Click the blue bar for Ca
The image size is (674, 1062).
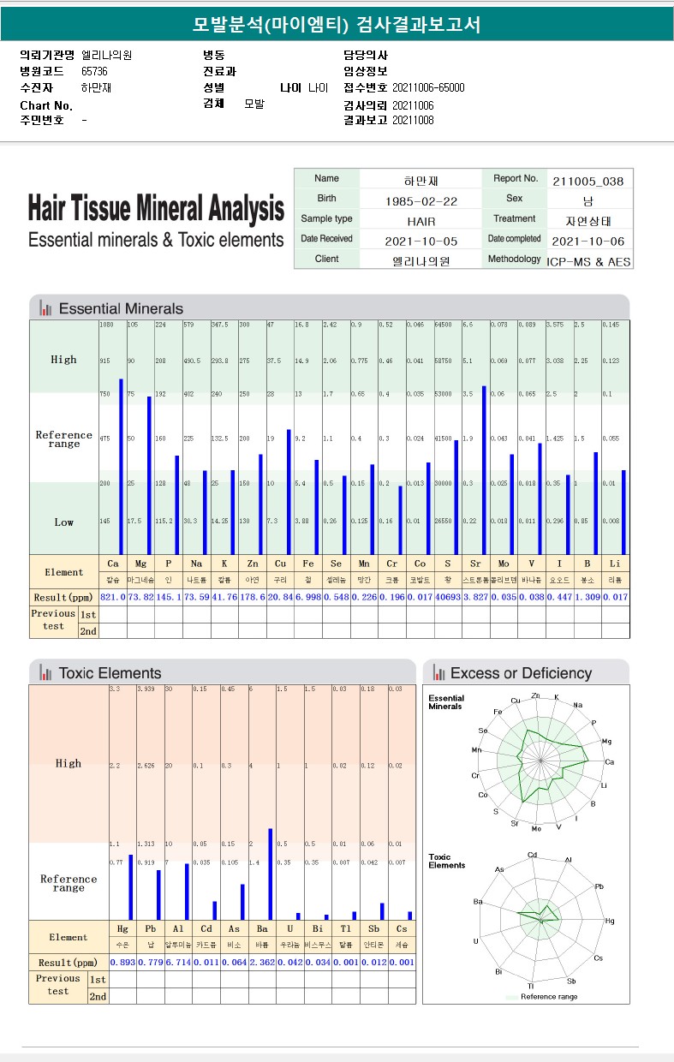[122, 467]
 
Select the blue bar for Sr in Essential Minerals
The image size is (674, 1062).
[485, 470]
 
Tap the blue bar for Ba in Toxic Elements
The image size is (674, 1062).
[271, 874]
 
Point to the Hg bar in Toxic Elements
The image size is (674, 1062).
[131, 887]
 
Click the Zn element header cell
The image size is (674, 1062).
[253, 564]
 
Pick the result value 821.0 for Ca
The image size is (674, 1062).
[113, 596]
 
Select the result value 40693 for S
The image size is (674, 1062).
[447, 596]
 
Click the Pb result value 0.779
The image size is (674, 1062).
[151, 963]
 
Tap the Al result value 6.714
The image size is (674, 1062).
[178, 963]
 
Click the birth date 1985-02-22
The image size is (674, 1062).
[421, 200]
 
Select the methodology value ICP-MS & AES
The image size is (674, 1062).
[589, 260]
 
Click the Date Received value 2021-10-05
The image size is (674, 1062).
[421, 241]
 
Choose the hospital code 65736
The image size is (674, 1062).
[94, 71]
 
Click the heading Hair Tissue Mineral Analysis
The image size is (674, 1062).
[156, 208]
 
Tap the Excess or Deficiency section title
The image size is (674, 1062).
[521, 673]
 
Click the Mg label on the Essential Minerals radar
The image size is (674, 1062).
[606, 741]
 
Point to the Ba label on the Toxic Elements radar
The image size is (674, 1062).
[479, 901]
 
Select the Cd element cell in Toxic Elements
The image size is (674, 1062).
[206, 928]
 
